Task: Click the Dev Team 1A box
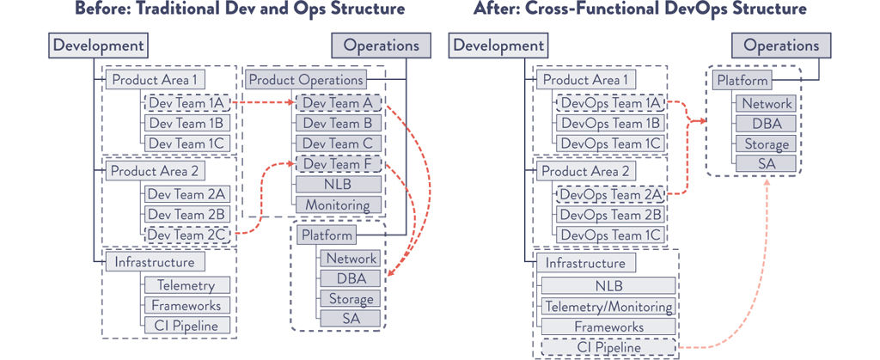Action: (x=186, y=103)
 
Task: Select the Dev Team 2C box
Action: (x=186, y=234)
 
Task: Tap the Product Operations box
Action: (x=305, y=81)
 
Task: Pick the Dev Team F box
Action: (x=338, y=164)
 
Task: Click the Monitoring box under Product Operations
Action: (x=338, y=205)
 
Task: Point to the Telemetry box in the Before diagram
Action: (x=187, y=285)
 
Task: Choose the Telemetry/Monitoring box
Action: (x=608, y=307)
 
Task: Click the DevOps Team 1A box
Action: (x=611, y=103)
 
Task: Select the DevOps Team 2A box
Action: (x=611, y=194)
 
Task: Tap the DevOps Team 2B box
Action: (x=611, y=215)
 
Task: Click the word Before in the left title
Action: (x=98, y=9)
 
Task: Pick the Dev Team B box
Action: (x=338, y=123)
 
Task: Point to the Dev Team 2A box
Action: (x=186, y=193)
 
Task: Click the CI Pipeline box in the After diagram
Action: (x=608, y=348)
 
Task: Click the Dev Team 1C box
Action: (x=186, y=143)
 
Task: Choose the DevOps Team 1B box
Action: (x=611, y=123)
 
